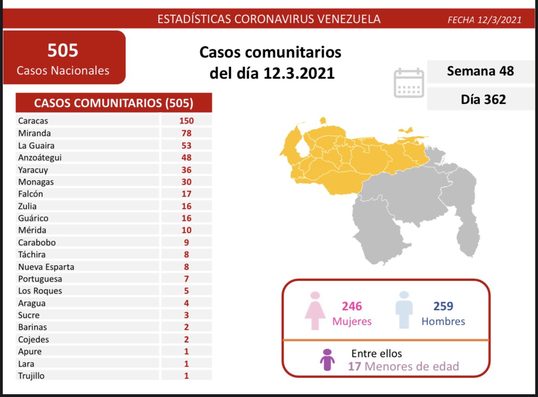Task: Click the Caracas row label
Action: pyautogui.click(x=33, y=121)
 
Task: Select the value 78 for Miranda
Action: pyautogui.click(x=186, y=133)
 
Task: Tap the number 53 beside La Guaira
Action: pyautogui.click(x=186, y=146)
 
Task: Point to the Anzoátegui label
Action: pyautogui.click(x=40, y=158)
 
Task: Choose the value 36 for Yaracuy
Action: pyautogui.click(x=186, y=170)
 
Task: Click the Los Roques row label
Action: pyautogui.click(x=40, y=291)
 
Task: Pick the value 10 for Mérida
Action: pyautogui.click(x=186, y=230)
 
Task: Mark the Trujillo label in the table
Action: pyautogui.click(x=32, y=376)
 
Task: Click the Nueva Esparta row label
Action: pyautogui.click(x=46, y=267)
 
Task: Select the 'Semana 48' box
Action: pyautogui.click(x=481, y=71)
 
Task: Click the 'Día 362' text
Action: pyautogui.click(x=483, y=99)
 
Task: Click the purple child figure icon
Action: pyautogui.click(x=327, y=360)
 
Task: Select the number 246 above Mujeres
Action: pyautogui.click(x=352, y=306)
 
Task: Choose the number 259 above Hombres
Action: pyautogui.click(x=443, y=306)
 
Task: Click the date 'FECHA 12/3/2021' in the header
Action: pyautogui.click(x=485, y=20)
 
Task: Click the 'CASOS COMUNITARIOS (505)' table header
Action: pyautogui.click(x=114, y=103)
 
